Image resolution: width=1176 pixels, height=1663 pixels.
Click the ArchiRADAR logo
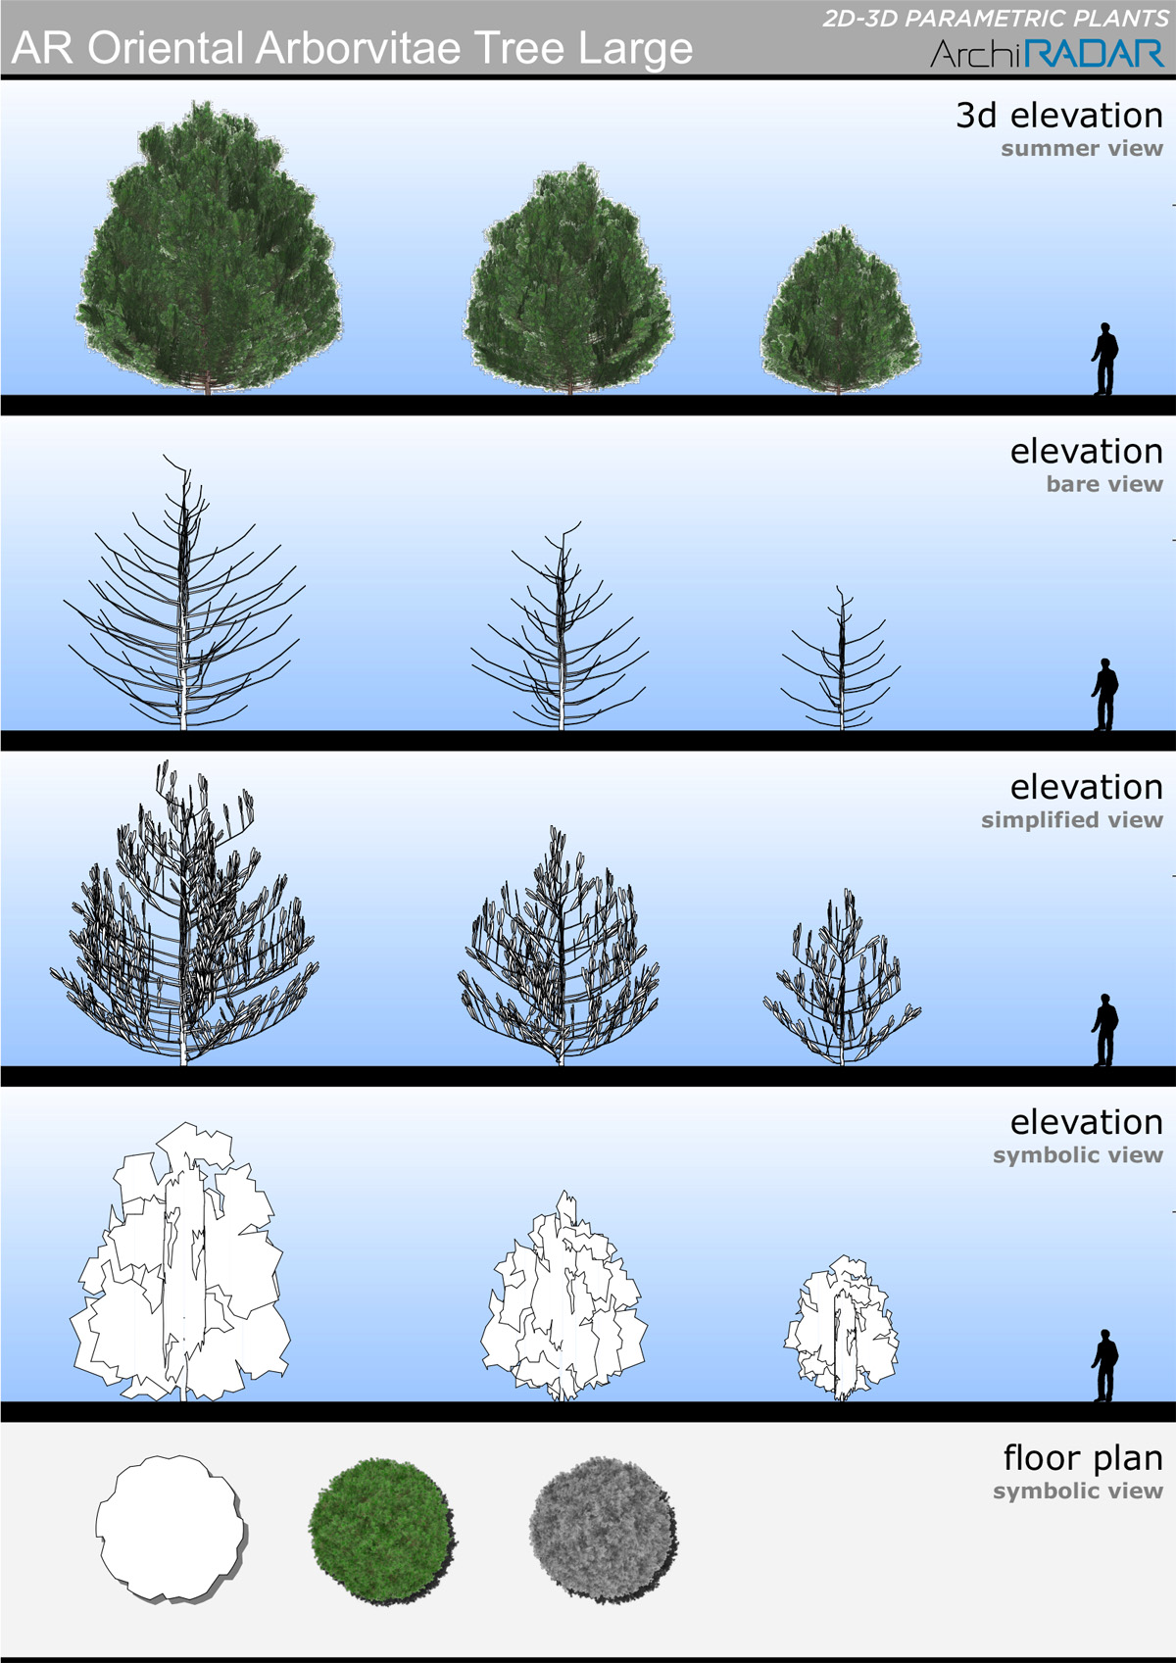pos(1047,53)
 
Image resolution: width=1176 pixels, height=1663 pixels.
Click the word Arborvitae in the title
pos(359,48)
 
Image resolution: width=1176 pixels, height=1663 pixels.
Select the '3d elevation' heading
pos(1059,115)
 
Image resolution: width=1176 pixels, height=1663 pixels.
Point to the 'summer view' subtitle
pos(1082,149)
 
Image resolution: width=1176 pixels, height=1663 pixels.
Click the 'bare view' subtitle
pos(1104,484)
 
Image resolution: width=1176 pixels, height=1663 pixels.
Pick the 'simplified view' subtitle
pos(1072,819)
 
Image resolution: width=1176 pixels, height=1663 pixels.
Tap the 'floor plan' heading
pos(1083,1457)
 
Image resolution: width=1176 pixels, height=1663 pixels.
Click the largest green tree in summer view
pos(208,249)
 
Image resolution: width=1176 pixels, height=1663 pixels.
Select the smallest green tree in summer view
pos(841,312)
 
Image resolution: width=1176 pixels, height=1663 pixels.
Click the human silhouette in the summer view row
pos(1104,359)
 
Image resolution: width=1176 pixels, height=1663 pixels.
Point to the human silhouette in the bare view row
pos(1104,694)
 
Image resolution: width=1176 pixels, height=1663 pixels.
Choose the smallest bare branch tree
pos(841,660)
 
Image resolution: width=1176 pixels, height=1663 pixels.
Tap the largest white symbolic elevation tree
pos(180,1262)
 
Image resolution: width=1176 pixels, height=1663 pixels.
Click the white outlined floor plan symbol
pos(171,1528)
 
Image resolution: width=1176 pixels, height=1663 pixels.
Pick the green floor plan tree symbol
pos(381,1530)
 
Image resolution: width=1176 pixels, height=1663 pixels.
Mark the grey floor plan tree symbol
pos(603,1530)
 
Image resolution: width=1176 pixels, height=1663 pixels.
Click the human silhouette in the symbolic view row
pos(1104,1365)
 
